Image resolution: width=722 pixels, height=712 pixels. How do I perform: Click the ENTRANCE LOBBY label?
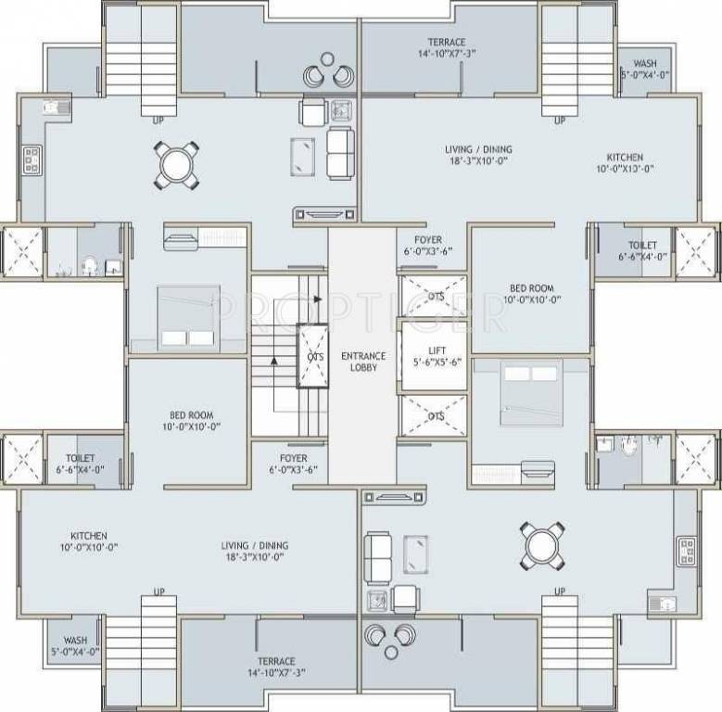362,362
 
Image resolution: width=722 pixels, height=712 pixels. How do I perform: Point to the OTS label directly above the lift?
435,296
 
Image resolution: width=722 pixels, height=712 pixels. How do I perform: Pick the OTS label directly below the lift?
435,417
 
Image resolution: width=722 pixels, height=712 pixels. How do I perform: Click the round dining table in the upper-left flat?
176,165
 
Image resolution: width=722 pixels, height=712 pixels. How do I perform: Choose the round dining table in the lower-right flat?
542,546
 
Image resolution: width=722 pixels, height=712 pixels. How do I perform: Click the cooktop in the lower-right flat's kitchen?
687,551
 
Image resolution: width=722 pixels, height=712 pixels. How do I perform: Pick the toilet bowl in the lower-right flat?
630,445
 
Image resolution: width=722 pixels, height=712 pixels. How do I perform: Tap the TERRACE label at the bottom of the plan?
276,667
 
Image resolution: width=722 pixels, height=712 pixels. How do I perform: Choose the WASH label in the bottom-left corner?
76,645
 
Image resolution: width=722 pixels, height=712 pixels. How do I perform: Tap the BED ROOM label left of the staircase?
192,420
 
